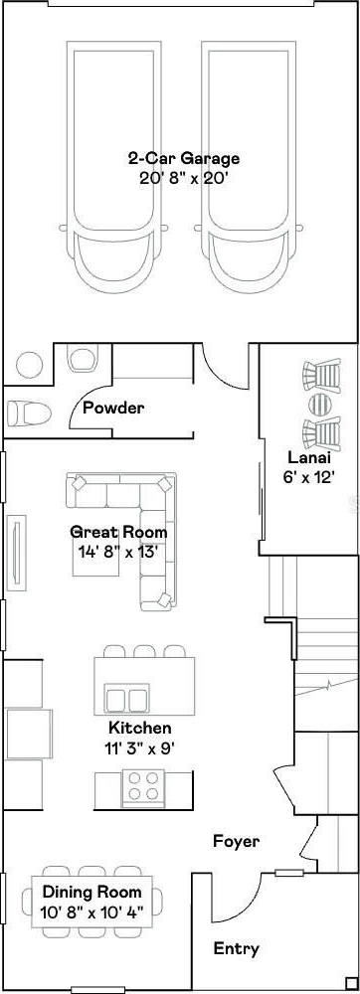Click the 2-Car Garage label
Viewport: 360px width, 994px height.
183,158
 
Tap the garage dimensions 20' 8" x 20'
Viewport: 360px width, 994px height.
183,178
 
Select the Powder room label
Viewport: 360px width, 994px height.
113,408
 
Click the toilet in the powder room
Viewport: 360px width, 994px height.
29,414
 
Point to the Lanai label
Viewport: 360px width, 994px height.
309,457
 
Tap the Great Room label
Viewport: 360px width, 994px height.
118,532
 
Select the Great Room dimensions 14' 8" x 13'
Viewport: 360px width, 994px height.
118,552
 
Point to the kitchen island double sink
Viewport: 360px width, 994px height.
128,699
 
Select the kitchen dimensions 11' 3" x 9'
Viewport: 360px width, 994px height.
139,748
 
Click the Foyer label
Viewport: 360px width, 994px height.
236,842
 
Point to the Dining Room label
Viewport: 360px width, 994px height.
91,893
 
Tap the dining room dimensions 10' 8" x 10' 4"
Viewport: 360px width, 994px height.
91,912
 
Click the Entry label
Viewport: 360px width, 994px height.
236,949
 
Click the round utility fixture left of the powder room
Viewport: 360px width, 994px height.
29,365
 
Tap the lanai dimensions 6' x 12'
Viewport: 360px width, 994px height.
309,478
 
